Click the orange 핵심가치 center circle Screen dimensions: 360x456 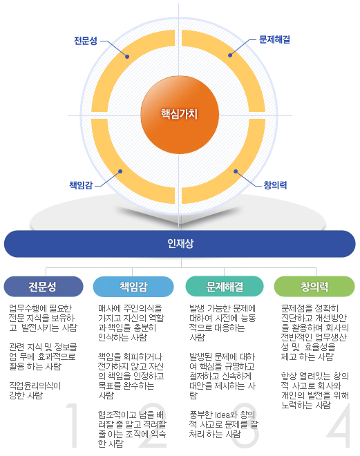pyautogui.click(x=180, y=115)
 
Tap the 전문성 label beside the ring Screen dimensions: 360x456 pyautogui.click(x=86, y=41)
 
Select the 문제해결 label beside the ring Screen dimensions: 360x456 pyautogui.click(x=274, y=39)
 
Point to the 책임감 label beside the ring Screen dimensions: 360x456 pyautogui.click(x=81, y=185)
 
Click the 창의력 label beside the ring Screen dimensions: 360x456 pyautogui.click(x=275, y=185)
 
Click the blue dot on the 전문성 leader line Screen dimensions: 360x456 pyautogui.click(x=127, y=57)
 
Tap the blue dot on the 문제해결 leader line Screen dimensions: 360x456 pyautogui.click(x=230, y=55)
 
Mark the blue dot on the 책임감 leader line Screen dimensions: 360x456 pyautogui.click(x=120, y=171)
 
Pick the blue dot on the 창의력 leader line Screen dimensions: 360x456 pyautogui.click(x=236, y=171)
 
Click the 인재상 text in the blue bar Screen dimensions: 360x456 pyautogui.click(x=180, y=244)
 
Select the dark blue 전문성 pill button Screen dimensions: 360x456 pyautogui.click(x=44, y=287)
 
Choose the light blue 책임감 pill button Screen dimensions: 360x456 pyautogui.click(x=133, y=287)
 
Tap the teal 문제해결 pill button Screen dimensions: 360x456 pyautogui.click(x=225, y=287)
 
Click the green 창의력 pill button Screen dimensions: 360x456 pyautogui.click(x=314, y=287)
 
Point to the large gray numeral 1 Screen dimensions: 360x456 pyautogui.click(x=73, y=425)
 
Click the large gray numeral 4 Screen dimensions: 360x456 pyautogui.click(x=339, y=425)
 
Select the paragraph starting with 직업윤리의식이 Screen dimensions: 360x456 pyautogui.click(x=35, y=390)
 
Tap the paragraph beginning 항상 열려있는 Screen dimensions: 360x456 pyautogui.click(x=315, y=390)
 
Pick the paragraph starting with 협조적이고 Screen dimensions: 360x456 pyautogui.click(x=132, y=429)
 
